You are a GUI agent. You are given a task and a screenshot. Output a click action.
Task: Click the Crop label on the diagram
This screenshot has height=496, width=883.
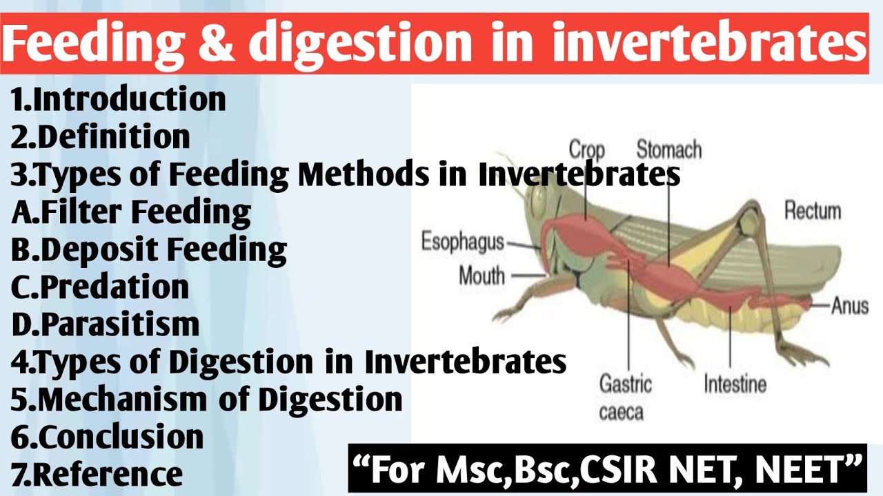point(586,150)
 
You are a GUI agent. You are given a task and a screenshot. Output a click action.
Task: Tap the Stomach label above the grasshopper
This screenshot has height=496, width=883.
point(668,149)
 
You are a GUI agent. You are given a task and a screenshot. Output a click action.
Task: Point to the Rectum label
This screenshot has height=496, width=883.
point(813,210)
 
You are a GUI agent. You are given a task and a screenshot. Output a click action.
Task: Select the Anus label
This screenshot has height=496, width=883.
point(849,305)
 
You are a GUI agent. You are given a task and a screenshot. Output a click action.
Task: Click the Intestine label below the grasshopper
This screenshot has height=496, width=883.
point(735,384)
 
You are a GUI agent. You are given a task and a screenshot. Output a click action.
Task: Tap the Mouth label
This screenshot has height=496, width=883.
point(482,276)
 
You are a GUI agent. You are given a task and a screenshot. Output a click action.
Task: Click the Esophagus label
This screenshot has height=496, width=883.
point(462,242)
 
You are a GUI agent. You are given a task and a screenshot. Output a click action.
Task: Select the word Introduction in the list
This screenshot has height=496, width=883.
point(129,99)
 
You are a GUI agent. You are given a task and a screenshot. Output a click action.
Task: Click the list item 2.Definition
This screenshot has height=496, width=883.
point(100,136)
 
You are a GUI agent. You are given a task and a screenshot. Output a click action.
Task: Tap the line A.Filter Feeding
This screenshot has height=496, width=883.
point(131,212)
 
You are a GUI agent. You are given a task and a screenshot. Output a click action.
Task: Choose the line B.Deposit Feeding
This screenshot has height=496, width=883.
point(148,249)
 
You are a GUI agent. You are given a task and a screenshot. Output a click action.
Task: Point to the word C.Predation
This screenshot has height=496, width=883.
point(100,287)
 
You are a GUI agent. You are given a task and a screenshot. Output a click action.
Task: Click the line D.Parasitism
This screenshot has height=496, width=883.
point(105,324)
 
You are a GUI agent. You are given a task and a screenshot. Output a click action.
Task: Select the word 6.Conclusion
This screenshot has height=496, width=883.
point(107,437)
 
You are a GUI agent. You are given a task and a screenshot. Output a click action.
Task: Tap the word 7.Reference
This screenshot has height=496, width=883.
point(97,475)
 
